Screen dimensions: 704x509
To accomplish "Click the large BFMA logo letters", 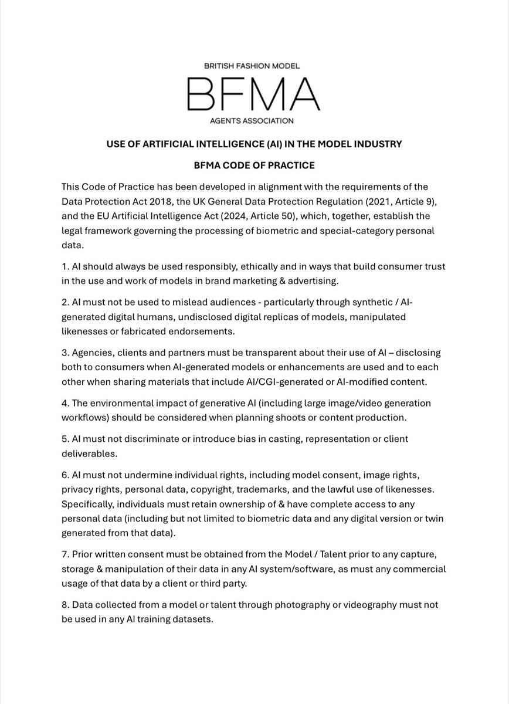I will tap(253, 94).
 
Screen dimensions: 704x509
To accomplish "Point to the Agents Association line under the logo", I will tap(254, 121).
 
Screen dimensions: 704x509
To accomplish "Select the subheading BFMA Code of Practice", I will tap(254, 165).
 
